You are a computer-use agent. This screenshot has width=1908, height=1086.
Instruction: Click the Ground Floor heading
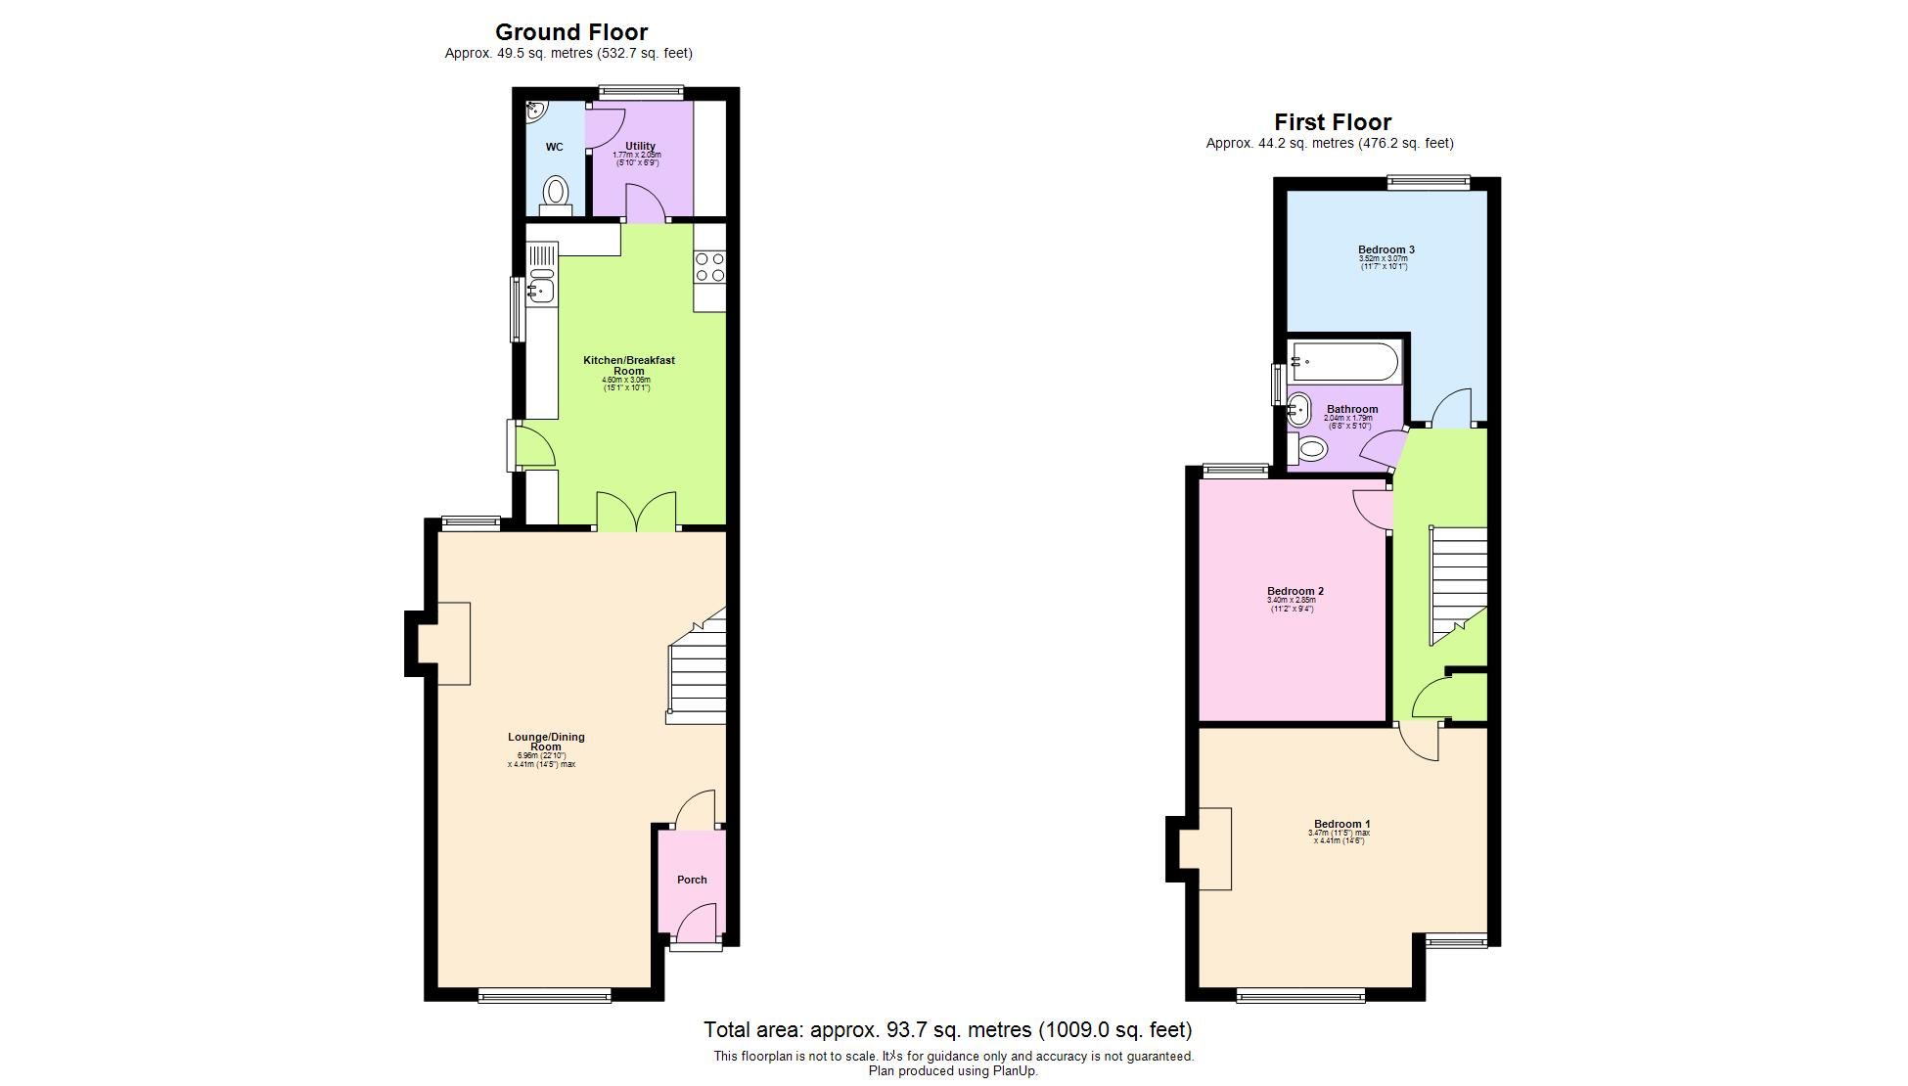[570, 32]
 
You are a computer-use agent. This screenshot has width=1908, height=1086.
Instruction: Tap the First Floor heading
[1332, 122]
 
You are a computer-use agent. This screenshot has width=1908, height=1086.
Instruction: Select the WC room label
[554, 148]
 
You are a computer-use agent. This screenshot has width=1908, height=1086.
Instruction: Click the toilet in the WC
[556, 191]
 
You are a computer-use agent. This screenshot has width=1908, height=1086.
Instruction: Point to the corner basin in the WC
[534, 111]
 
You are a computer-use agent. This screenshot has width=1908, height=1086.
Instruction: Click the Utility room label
[640, 147]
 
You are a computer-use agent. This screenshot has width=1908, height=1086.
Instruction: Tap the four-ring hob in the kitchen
[709, 267]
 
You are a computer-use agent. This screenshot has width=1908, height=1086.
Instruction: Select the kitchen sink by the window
[540, 290]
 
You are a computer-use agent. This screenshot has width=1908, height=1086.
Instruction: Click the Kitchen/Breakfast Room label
[628, 365]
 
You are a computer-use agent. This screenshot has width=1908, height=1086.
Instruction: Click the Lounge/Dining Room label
[546, 742]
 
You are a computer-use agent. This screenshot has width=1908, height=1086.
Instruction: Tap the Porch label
[692, 880]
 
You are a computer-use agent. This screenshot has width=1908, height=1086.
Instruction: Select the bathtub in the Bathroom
[1344, 362]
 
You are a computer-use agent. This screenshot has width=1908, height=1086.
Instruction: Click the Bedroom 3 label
[1386, 249]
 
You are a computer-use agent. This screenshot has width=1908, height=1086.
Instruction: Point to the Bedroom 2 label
[1295, 591]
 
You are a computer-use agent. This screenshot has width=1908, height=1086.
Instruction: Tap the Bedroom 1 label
[1341, 824]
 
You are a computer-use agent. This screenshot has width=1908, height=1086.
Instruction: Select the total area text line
[947, 1029]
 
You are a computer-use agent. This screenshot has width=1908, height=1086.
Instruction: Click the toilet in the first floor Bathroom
[1309, 450]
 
